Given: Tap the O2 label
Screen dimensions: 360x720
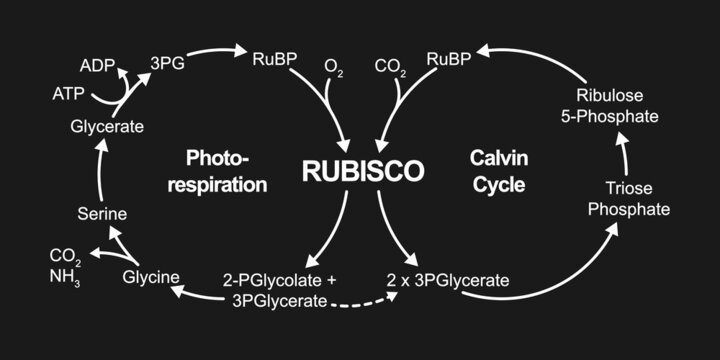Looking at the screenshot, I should pyautogui.click(x=334, y=67).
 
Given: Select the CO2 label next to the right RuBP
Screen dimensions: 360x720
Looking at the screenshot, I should pyautogui.click(x=390, y=67).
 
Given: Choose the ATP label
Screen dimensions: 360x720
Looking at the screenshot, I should pyautogui.click(x=69, y=95).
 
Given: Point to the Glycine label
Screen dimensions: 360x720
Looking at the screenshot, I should pyautogui.click(x=150, y=277).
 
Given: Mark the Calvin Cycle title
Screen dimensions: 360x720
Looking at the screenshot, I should pyautogui.click(x=497, y=171).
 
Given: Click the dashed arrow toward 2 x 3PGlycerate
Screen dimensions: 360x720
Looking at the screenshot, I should pyautogui.click(x=360, y=302).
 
